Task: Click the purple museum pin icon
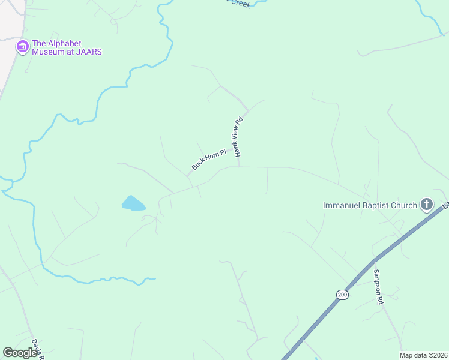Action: pyautogui.click(x=23, y=47)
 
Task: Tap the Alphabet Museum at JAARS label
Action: pyautogui.click(x=67, y=47)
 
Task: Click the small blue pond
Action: pyautogui.click(x=133, y=203)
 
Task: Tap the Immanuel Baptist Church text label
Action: pyautogui.click(x=370, y=205)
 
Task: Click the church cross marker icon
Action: pyautogui.click(x=427, y=205)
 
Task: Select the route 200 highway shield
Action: pyautogui.click(x=342, y=294)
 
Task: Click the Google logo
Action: pyautogui.click(x=20, y=353)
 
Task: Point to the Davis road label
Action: pyautogui.click(x=38, y=348)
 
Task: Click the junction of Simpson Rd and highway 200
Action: pyautogui.click(x=373, y=260)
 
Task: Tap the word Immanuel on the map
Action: pyautogui.click(x=340, y=205)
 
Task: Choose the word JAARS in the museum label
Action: pyautogui.click(x=89, y=52)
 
